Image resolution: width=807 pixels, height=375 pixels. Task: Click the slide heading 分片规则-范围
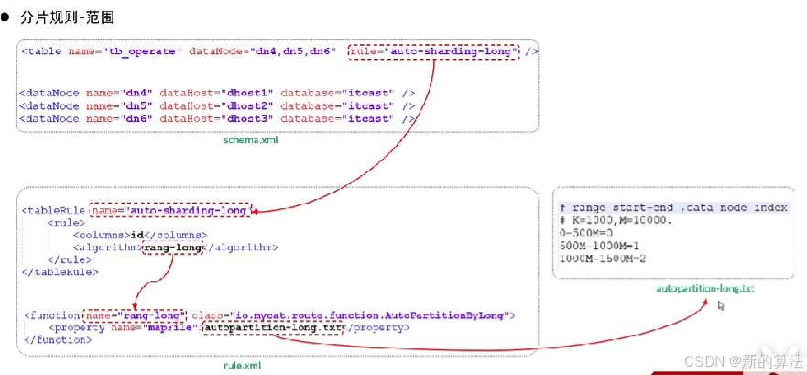tap(75, 17)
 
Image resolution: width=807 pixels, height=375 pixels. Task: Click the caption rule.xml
tap(243, 365)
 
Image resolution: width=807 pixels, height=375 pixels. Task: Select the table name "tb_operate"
tap(142, 51)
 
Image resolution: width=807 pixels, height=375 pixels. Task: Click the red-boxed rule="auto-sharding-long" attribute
tap(432, 51)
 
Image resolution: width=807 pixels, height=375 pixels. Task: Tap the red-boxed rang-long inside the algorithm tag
tap(177, 247)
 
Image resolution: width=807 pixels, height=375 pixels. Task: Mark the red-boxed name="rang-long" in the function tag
tap(135, 314)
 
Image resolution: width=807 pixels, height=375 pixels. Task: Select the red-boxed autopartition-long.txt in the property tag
tap(271, 327)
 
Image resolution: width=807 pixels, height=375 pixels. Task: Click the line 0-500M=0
tap(587, 233)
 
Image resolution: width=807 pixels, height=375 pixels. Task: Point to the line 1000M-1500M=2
tap(602, 259)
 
